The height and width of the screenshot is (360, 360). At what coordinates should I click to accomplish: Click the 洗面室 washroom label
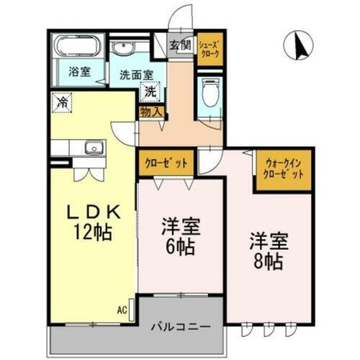[136, 73]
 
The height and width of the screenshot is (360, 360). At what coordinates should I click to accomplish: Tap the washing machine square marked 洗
[149, 91]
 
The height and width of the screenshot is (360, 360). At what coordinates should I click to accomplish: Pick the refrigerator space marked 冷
[63, 102]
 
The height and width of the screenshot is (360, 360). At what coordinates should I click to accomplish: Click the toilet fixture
[210, 94]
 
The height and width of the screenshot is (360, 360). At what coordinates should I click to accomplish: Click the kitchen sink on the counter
[94, 148]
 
